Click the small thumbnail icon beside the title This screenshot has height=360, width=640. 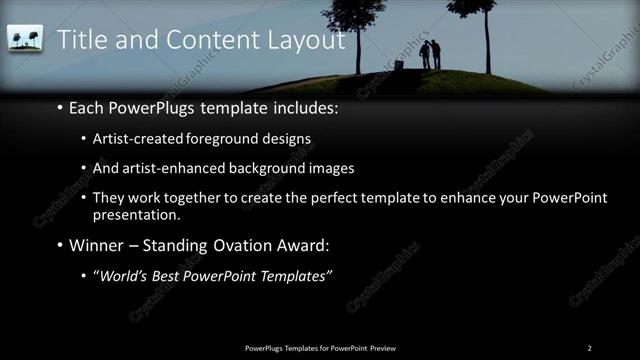[x=25, y=39]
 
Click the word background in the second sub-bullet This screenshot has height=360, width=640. [x=261, y=169]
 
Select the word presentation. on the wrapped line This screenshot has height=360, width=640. [x=136, y=214]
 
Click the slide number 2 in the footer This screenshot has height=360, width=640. [x=589, y=347]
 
